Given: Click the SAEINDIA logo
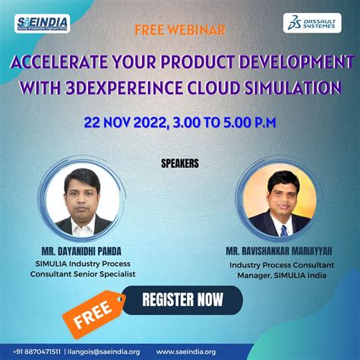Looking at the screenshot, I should tap(43, 24).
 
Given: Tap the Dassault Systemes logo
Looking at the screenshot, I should tap(311, 23).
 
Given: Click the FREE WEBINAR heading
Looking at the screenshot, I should tap(179, 31).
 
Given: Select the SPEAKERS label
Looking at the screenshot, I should tap(180, 162).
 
